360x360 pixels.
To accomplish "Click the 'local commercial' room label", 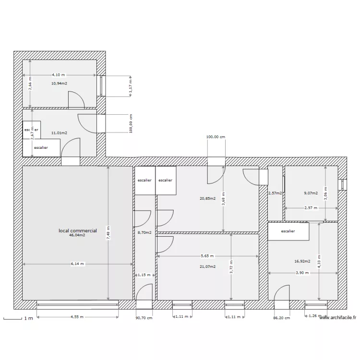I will coord(77,230).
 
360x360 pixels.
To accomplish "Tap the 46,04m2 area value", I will coord(77,235).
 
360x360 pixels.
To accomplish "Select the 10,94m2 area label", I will coord(59,83).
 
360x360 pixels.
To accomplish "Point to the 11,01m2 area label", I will coord(59,133).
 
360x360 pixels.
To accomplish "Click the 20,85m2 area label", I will coord(208,198).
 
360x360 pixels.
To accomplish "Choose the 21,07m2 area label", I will coord(208,266).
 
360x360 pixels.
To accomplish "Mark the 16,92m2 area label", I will coord(302,262).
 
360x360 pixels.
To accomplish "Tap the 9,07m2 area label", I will coord(311,193).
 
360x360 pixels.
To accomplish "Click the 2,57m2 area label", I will coord(275,193).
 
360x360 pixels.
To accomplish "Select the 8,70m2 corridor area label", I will coord(144,233).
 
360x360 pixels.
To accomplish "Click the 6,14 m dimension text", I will coord(77,264).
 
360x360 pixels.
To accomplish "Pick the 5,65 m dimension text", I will coord(207,256).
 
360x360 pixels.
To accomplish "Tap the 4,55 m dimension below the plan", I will coord(77,316).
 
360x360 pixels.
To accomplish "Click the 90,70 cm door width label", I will coord(144,317).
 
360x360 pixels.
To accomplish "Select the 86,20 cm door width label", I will coord(282,317).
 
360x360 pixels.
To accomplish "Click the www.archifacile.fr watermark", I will coord(338,317).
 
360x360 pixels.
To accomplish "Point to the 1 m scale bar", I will coord(16,318).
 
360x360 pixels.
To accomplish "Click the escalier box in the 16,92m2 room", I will coord(288,231).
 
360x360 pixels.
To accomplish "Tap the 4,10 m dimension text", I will coord(59,75).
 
